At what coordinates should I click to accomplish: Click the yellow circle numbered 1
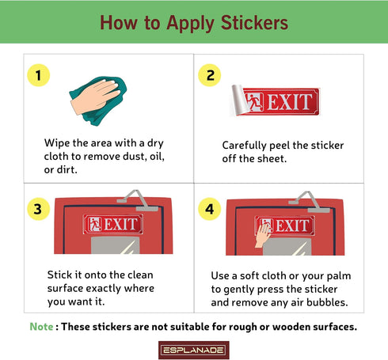39,75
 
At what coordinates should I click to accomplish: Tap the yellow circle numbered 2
210,75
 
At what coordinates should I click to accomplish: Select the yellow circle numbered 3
39,209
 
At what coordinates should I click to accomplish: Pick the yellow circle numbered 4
210,209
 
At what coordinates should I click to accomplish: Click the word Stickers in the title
254,23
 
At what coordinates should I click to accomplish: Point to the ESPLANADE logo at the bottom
194,351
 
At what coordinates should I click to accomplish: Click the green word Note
41,327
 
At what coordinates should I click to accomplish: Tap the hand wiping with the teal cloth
95,97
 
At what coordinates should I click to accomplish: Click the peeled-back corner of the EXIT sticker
240,100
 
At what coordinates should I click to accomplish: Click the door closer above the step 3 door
137,200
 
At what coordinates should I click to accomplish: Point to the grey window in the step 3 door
115,245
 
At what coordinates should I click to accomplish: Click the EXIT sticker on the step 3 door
113,224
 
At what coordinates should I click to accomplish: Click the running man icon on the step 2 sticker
253,101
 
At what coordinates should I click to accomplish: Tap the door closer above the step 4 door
309,202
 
